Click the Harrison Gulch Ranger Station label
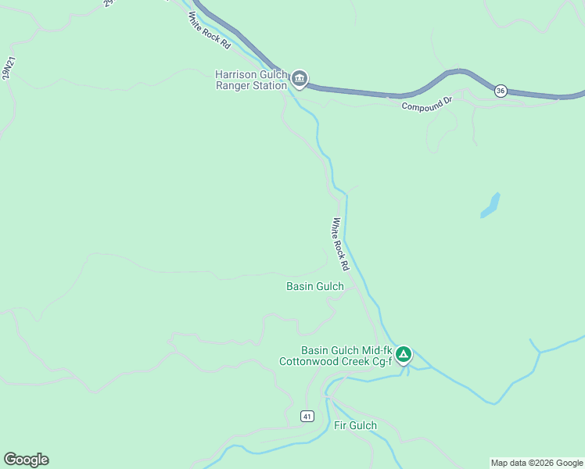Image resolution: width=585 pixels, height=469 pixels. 251,80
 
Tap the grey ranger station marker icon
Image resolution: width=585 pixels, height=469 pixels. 300,79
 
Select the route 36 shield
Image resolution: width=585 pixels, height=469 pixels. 501,91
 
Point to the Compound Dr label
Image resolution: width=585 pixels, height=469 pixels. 427,105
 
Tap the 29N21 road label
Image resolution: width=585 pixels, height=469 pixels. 9,69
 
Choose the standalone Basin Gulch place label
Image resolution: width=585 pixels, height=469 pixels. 315,286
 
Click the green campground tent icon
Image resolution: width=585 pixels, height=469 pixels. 404,355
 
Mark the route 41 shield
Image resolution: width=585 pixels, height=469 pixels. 307,416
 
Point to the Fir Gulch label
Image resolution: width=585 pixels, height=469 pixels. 355,425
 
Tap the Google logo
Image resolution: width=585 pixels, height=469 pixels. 26,459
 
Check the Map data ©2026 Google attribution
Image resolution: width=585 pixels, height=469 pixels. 537,463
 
